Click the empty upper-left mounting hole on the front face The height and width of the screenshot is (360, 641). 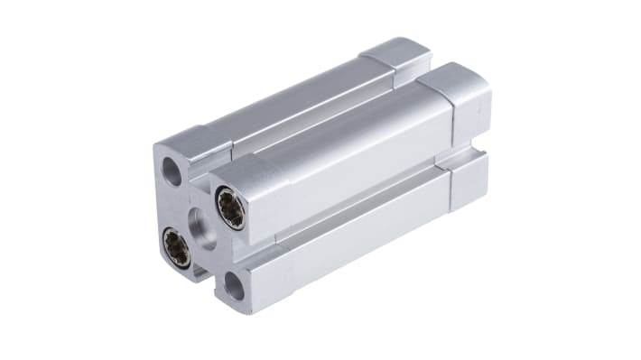click(172, 171)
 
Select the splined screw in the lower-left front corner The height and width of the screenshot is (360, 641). click(176, 247)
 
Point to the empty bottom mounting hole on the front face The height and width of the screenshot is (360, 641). click(235, 286)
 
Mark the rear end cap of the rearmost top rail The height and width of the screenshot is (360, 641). click(397, 54)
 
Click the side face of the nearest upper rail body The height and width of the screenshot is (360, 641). click(361, 162)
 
